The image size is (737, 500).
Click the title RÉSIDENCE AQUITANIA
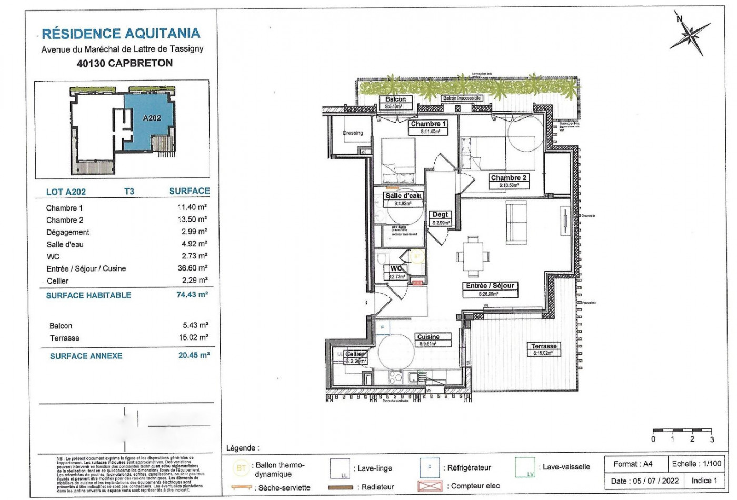pyautogui.click(x=121, y=34)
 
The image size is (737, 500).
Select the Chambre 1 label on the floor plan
pyautogui.click(x=429, y=124)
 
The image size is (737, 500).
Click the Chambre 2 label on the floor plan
pyautogui.click(x=509, y=178)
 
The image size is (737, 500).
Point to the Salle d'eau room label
pyautogui.click(x=403, y=196)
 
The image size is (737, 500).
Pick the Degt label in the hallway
pyautogui.click(x=440, y=215)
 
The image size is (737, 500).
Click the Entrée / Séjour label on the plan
pyautogui.click(x=490, y=286)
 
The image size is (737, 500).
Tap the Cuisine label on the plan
pyautogui.click(x=428, y=337)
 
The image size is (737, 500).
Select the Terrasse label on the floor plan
pyautogui.click(x=544, y=346)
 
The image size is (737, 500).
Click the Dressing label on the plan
pyautogui.click(x=353, y=133)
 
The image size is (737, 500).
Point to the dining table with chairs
pyautogui.click(x=473, y=257)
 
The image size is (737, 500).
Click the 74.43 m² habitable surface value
pyautogui.click(x=192, y=295)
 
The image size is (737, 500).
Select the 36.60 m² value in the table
pyautogui.click(x=192, y=268)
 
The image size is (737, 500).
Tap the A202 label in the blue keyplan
pyautogui.click(x=152, y=118)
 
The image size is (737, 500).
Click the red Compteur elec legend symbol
pyautogui.click(x=430, y=486)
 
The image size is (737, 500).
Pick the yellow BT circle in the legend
pyautogui.click(x=241, y=467)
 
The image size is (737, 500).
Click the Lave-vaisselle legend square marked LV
pyautogui.click(x=525, y=467)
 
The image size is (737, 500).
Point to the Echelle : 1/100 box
pyautogui.click(x=696, y=464)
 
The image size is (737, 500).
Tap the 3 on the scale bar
pyautogui.click(x=712, y=439)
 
